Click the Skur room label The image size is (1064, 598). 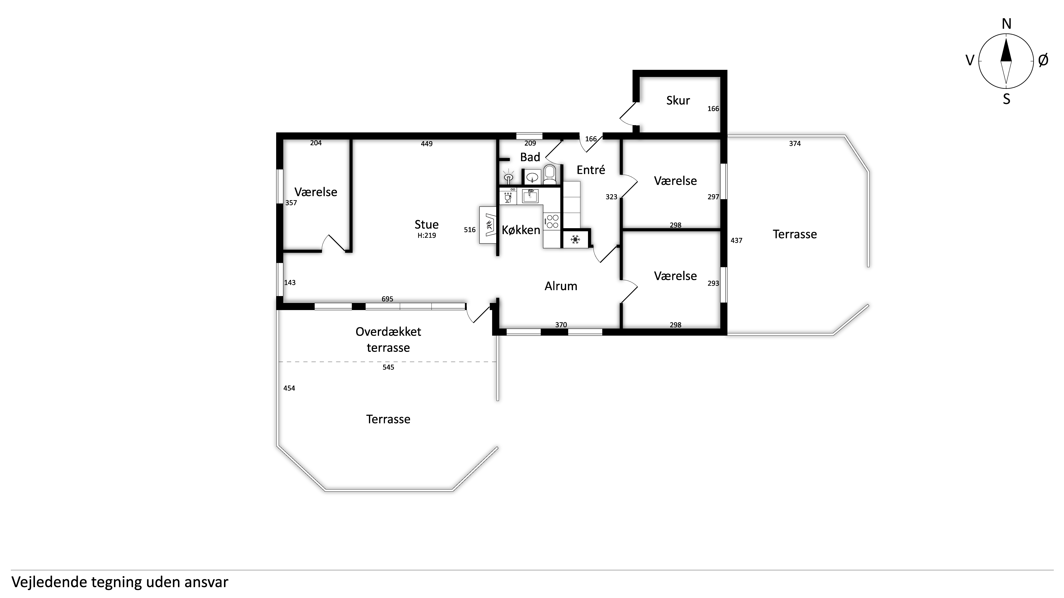coord(678,100)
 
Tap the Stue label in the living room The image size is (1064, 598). coord(426,224)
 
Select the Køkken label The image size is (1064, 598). coord(521,230)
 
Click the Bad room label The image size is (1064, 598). coord(530,157)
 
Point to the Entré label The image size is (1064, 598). coord(591,170)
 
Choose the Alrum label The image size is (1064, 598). coord(560,286)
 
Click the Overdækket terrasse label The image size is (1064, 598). coord(388,340)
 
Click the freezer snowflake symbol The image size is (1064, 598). coord(575,239)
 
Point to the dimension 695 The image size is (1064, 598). coord(387,299)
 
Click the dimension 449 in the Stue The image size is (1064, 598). coord(427,144)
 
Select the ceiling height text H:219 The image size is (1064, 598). coord(427,236)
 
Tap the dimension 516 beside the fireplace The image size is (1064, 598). coord(470,230)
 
